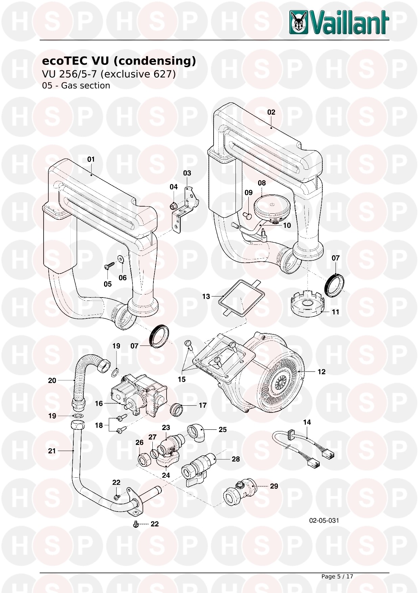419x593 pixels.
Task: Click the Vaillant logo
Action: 339,23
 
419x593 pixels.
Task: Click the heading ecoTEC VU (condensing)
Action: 119,61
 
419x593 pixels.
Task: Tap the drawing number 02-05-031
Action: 324,520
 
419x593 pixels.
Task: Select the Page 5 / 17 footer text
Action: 337,576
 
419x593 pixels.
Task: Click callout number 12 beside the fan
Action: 321,372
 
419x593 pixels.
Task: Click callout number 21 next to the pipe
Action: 52,451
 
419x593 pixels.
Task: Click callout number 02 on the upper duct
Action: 271,112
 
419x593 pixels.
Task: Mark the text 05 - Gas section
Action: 76,86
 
